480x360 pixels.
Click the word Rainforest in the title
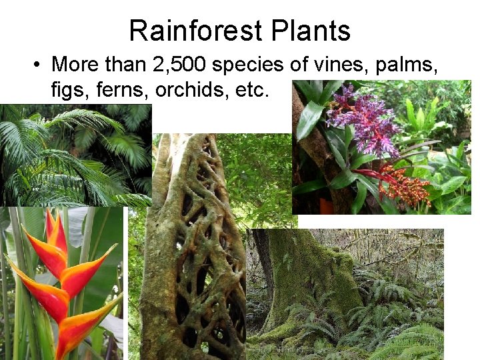click(x=191, y=31)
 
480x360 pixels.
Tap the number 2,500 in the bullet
click(x=185, y=65)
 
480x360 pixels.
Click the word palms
click(x=409, y=65)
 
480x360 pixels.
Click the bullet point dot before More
click(x=37, y=65)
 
